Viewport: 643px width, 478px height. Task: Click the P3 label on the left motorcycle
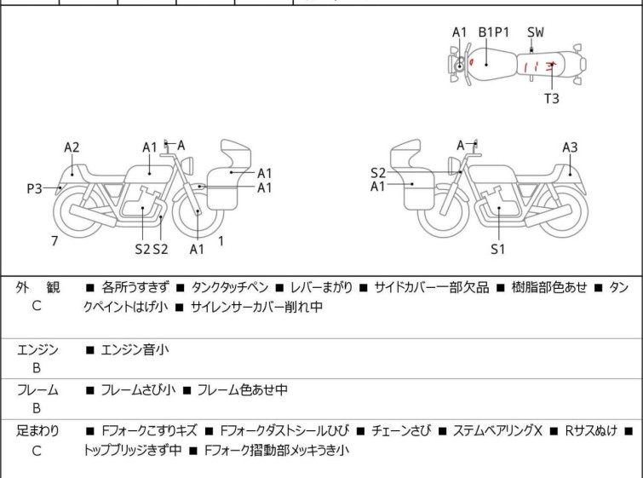coord(34,188)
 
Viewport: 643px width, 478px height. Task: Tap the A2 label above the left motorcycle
coord(72,147)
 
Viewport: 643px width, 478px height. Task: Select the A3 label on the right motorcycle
coord(570,147)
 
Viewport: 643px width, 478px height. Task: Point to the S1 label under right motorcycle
coord(497,250)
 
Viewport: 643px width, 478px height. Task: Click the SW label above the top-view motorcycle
coord(535,32)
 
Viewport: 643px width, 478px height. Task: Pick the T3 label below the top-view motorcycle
coord(552,98)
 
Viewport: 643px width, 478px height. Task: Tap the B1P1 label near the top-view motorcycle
coord(493,32)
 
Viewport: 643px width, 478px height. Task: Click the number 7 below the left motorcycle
coord(55,241)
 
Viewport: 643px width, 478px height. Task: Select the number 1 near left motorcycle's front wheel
coord(221,241)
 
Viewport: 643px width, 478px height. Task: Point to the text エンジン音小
coord(133,349)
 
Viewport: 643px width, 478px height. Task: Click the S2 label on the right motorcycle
coord(378,172)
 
